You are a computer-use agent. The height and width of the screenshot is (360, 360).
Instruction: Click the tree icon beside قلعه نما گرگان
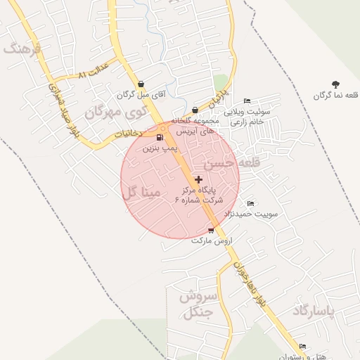[335, 84]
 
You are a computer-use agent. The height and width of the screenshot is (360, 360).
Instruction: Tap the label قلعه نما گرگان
[335, 95]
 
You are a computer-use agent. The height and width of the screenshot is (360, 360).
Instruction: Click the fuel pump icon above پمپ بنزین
[160, 137]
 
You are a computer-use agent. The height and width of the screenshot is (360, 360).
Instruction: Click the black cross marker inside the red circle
[198, 180]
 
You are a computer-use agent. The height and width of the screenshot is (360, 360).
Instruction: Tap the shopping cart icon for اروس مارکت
[211, 230]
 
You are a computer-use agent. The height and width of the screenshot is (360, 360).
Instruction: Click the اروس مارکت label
[211, 240]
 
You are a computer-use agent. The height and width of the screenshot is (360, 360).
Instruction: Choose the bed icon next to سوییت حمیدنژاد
[251, 203]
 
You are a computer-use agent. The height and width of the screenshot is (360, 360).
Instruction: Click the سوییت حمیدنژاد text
[251, 213]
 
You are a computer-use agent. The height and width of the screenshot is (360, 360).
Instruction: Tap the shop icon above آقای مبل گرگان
[141, 84]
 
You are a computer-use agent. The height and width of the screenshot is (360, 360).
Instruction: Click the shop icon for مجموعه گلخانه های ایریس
[195, 110]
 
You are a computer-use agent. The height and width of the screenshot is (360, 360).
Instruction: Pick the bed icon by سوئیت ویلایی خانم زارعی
[246, 101]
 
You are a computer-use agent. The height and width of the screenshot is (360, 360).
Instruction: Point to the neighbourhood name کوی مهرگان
[117, 111]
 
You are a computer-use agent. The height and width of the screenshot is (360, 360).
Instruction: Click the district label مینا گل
[141, 192]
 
